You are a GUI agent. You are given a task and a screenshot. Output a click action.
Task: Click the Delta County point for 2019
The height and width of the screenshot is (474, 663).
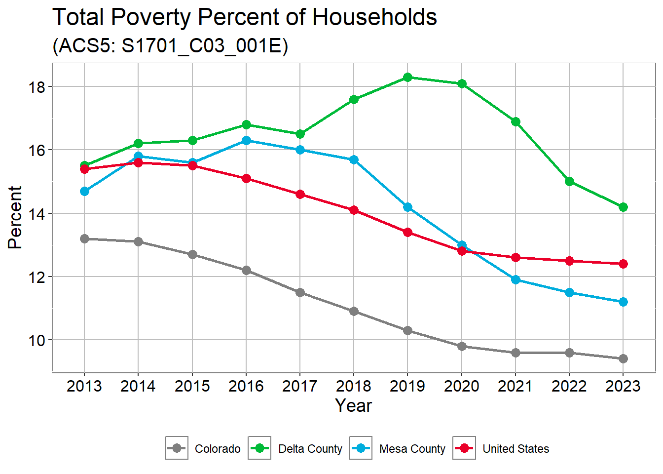click(x=407, y=78)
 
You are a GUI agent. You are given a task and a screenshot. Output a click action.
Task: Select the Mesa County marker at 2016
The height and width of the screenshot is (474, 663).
click(x=246, y=141)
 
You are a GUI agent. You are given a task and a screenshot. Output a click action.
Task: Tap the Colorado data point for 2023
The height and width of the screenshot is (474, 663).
click(x=623, y=358)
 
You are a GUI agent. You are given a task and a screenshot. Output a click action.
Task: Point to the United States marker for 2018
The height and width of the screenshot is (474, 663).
click(x=354, y=210)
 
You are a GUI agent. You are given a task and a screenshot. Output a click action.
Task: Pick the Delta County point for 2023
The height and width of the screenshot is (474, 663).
click(x=623, y=207)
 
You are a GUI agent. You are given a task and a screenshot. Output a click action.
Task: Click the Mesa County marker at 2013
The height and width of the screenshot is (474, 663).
click(x=84, y=191)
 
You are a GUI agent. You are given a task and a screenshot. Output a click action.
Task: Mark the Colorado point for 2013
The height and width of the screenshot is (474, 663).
click(x=84, y=238)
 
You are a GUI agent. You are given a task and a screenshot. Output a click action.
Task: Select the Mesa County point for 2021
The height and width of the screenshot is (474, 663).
click(x=516, y=279)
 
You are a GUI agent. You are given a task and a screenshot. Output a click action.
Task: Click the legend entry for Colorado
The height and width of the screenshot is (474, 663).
click(x=217, y=449)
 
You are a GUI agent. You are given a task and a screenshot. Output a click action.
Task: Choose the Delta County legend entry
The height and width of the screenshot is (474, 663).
click(x=310, y=449)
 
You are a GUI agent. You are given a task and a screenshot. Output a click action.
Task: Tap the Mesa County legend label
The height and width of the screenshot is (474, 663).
click(x=412, y=449)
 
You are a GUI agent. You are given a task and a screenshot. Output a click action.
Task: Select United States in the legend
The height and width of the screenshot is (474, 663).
click(x=516, y=449)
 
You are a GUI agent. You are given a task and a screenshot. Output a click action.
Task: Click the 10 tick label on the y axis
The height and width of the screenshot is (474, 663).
click(x=37, y=341)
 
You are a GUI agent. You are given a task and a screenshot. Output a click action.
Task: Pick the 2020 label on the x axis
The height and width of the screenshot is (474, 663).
click(x=461, y=386)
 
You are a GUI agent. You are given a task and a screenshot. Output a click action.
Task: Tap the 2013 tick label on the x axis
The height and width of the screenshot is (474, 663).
click(x=84, y=386)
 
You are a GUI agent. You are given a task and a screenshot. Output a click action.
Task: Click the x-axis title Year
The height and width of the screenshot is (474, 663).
click(x=353, y=406)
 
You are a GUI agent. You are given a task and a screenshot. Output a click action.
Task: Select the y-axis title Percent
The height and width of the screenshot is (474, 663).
click(x=16, y=217)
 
